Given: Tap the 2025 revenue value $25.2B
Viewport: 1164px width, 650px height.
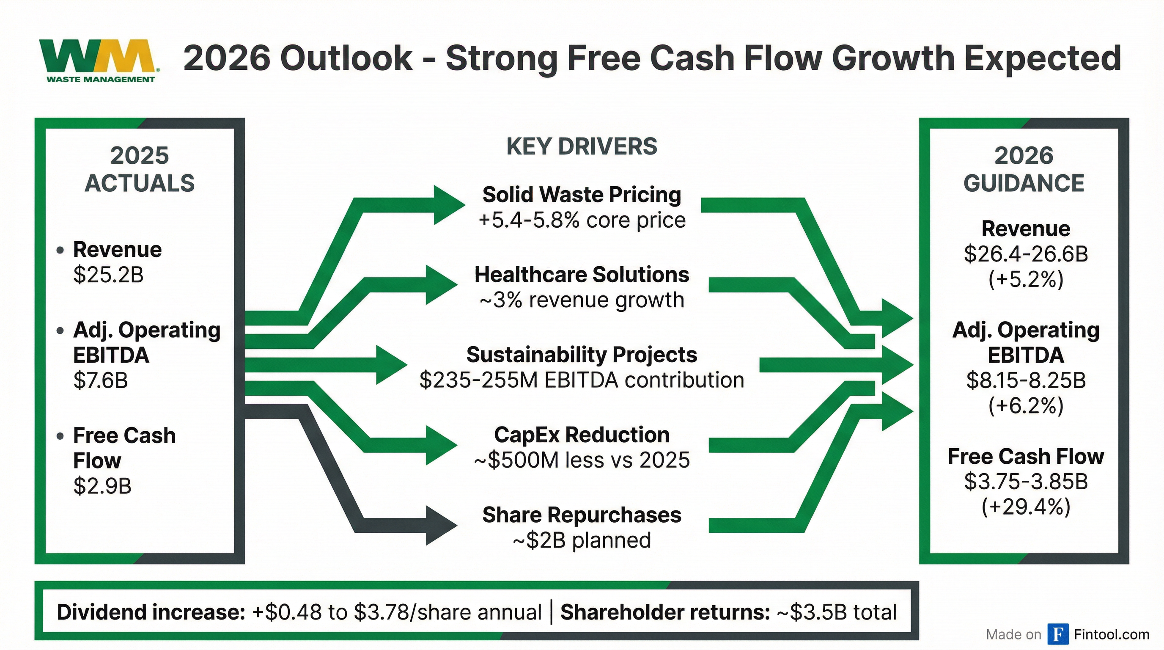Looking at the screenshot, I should click(108, 274).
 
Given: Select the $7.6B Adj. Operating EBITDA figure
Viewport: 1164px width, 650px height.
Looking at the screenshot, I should click(100, 380).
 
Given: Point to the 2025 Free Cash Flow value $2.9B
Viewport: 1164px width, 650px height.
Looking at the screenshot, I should click(102, 486).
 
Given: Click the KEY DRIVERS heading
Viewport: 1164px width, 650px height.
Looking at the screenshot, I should click(582, 146).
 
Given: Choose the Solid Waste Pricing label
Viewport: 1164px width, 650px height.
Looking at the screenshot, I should click(582, 195).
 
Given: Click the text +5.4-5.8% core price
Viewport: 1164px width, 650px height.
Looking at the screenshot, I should click(582, 220).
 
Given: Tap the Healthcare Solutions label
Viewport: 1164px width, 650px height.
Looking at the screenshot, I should click(582, 274).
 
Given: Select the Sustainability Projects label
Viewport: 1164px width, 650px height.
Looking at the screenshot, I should click(582, 355).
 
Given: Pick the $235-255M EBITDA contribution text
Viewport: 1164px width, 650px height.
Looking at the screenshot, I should click(582, 380).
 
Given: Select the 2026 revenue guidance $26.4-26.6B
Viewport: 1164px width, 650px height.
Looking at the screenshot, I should click(1026, 254).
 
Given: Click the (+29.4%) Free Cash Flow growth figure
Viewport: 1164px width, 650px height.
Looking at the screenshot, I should click(1026, 507).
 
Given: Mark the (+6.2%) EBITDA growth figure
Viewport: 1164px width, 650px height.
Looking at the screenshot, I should click(1026, 405).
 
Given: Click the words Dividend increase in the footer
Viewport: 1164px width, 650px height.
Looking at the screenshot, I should click(151, 612).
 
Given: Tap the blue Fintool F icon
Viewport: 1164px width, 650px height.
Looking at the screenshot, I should click(1058, 634).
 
